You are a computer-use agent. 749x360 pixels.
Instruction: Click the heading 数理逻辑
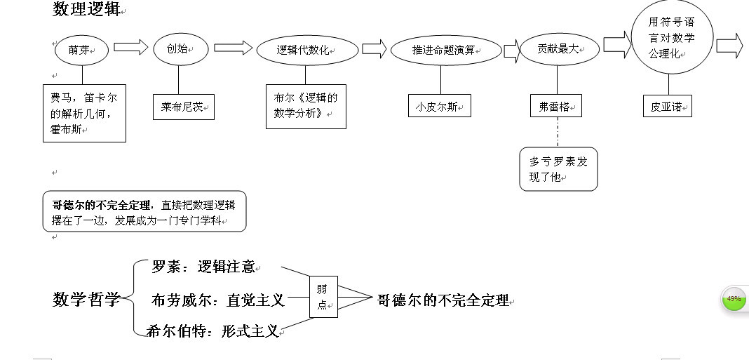tap(86, 9)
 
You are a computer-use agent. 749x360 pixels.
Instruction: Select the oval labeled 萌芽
tap(82, 50)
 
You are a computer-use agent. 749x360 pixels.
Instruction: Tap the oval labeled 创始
tap(181, 49)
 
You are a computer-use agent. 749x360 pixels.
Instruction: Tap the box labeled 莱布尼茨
tap(183, 107)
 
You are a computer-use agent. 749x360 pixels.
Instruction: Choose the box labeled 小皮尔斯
tap(439, 107)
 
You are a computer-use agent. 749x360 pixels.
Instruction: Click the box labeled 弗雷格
tap(556, 107)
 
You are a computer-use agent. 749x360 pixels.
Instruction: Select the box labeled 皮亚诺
tap(667, 107)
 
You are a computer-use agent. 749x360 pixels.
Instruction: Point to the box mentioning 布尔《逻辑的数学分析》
tap(306, 107)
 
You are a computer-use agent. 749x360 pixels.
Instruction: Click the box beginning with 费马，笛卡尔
tap(84, 112)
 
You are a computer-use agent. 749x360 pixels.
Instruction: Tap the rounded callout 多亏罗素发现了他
tap(558, 169)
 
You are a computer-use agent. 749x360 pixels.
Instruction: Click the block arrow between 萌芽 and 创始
tap(131, 48)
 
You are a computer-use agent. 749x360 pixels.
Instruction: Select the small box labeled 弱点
tap(323, 297)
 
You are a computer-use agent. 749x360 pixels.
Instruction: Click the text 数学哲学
tap(86, 300)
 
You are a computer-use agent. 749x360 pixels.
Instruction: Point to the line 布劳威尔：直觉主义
tap(217, 300)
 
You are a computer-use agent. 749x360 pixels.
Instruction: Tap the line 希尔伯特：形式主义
tap(212, 331)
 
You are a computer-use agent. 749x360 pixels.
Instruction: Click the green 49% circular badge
tap(734, 299)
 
